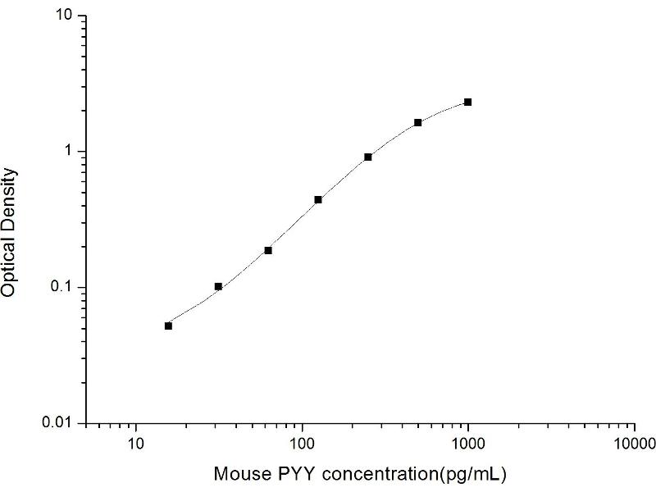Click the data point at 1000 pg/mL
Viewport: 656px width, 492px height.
coord(467,102)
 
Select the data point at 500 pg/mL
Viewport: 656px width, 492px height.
coord(418,122)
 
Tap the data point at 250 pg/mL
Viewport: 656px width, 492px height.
coord(368,157)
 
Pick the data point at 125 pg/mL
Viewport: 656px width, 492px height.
coord(318,199)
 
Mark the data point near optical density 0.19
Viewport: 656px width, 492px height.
coord(268,250)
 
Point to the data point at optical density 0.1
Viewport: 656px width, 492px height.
coord(218,286)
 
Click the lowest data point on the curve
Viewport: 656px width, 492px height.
coord(168,326)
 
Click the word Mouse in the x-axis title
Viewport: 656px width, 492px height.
coord(238,474)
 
